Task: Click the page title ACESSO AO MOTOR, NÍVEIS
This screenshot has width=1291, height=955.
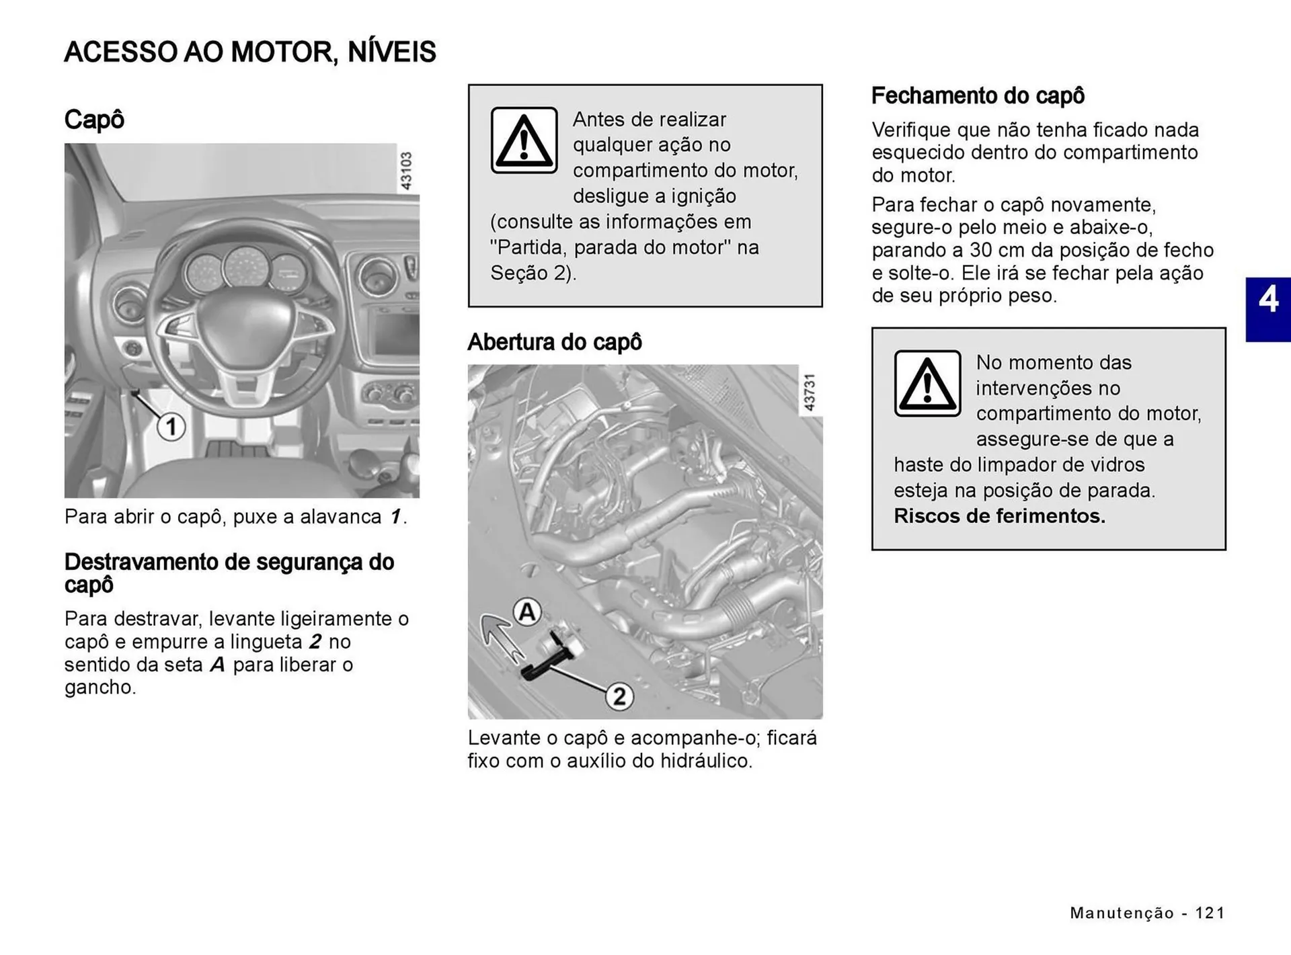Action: [249, 52]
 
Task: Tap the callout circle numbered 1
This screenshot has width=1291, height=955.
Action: [171, 427]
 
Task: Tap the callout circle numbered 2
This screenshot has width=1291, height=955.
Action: [619, 696]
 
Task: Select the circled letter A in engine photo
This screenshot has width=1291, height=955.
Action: [527, 612]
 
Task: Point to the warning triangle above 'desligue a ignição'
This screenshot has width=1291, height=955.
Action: [524, 140]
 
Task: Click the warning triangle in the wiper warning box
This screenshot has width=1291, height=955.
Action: [927, 384]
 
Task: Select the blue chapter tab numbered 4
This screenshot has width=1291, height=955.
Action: [1267, 309]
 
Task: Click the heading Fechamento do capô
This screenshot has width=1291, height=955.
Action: [978, 95]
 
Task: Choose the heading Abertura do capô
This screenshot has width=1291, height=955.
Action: [554, 342]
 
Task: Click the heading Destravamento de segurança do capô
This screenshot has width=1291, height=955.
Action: [229, 573]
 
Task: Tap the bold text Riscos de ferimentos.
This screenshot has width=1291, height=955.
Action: [999, 516]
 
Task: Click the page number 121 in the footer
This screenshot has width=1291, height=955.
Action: [1210, 913]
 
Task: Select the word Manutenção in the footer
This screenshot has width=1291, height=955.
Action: [1122, 913]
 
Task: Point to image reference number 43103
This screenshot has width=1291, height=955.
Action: [406, 171]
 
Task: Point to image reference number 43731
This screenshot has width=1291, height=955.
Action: [810, 392]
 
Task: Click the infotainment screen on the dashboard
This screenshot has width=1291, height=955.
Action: [396, 333]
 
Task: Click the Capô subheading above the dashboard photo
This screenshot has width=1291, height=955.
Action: [94, 120]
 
